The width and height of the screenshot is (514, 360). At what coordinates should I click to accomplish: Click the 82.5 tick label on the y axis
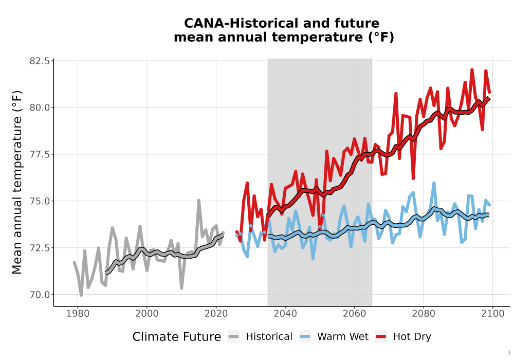[40, 61]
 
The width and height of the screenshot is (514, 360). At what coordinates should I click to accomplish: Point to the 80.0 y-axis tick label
[40, 107]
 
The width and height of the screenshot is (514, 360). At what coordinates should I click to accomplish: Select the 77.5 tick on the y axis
[40, 154]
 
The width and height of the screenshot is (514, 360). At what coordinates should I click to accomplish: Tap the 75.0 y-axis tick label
[40, 201]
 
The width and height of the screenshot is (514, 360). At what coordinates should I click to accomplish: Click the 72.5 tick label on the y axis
[40, 247]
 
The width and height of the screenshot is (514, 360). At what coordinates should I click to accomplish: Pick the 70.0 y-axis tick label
[40, 294]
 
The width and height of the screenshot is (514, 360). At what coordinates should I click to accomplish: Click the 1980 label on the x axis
[78, 314]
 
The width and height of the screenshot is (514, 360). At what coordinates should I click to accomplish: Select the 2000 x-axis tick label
[147, 314]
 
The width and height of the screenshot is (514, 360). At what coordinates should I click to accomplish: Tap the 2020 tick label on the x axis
[216, 314]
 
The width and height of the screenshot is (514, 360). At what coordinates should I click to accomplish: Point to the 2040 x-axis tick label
[285, 314]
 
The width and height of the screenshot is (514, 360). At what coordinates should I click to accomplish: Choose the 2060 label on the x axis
[354, 314]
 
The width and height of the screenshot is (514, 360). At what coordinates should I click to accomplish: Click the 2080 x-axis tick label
[424, 314]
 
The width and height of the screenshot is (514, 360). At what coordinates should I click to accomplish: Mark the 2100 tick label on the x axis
[493, 314]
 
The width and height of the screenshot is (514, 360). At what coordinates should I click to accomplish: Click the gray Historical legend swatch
[234, 337]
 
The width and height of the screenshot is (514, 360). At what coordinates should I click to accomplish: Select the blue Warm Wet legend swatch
[305, 337]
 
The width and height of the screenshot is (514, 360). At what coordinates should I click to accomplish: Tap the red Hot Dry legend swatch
[381, 337]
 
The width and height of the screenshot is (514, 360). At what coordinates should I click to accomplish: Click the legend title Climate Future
[177, 337]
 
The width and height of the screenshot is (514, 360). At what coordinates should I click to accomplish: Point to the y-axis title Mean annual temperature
[17, 182]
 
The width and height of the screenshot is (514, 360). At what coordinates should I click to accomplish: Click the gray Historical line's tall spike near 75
[198, 201]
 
